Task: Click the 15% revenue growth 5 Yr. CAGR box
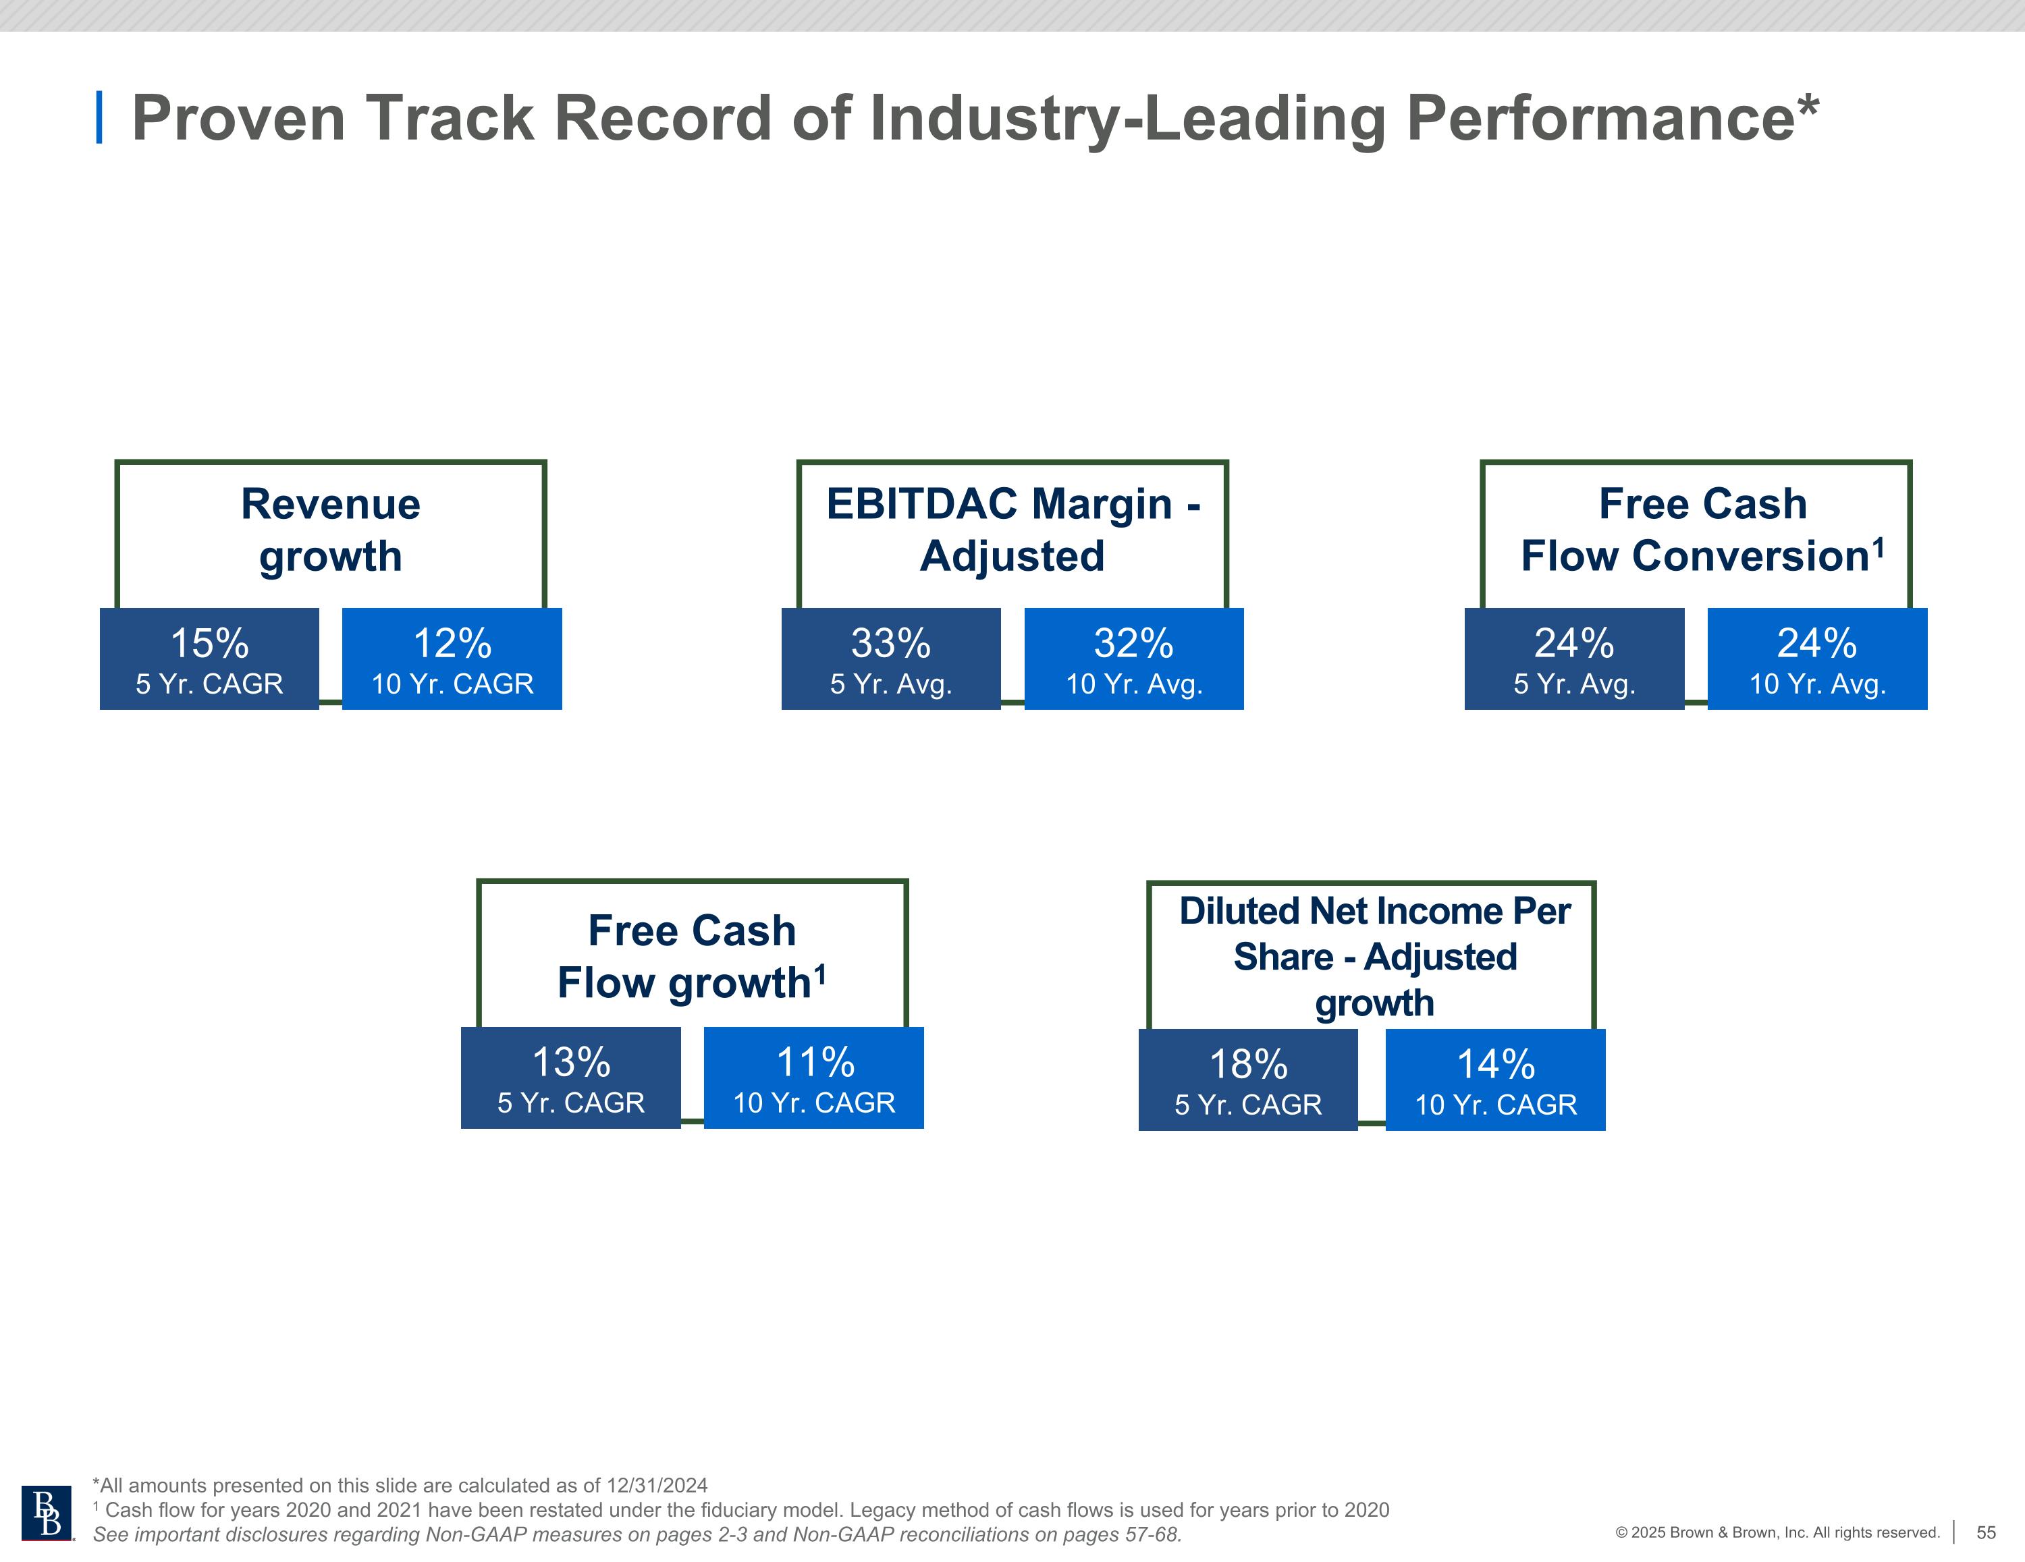209,659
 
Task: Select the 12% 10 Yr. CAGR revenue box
452,659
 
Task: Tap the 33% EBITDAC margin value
890,643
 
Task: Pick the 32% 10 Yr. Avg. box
1133,659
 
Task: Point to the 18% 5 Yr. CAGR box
1247,1080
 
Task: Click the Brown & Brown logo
47,1514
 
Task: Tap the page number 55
1986,1532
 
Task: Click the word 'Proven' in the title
238,119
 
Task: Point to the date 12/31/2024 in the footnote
657,1485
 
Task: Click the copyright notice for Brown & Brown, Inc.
1777,1532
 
